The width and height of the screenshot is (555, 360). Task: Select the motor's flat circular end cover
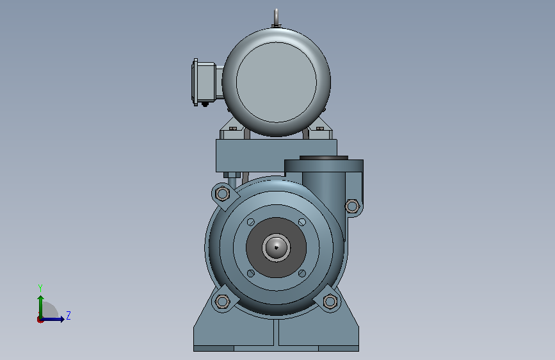pyautogui.click(x=277, y=82)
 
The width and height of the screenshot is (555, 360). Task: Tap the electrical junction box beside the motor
pyautogui.click(x=204, y=82)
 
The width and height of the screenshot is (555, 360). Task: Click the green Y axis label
pyautogui.click(x=40, y=288)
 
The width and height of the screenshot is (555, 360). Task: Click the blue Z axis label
pyautogui.click(x=68, y=315)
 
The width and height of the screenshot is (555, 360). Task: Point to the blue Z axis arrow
pyautogui.click(x=52, y=319)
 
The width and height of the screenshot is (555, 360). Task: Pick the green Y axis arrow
pyautogui.click(x=41, y=307)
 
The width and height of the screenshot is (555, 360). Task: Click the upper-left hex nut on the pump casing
pyautogui.click(x=222, y=193)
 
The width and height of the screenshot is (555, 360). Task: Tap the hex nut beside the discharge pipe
pyautogui.click(x=352, y=206)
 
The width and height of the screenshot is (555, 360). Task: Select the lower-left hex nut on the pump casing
pyautogui.click(x=222, y=302)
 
